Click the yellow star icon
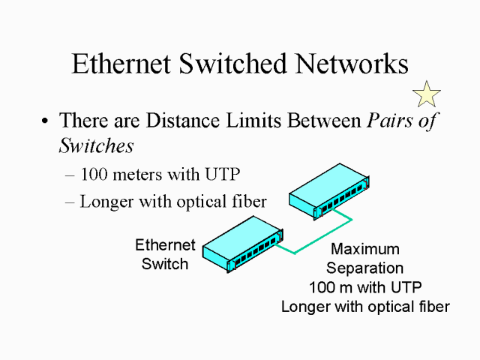click(x=427, y=94)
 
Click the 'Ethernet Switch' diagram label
click(x=165, y=254)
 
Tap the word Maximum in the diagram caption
click(x=365, y=250)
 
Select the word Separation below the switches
click(x=365, y=268)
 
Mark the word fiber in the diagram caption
click(x=433, y=306)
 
